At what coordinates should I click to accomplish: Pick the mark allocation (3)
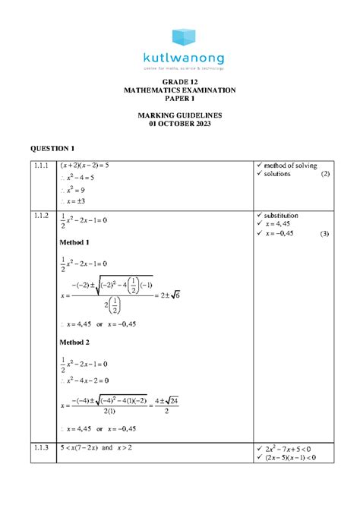324,233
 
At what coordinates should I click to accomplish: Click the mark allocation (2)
324,175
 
